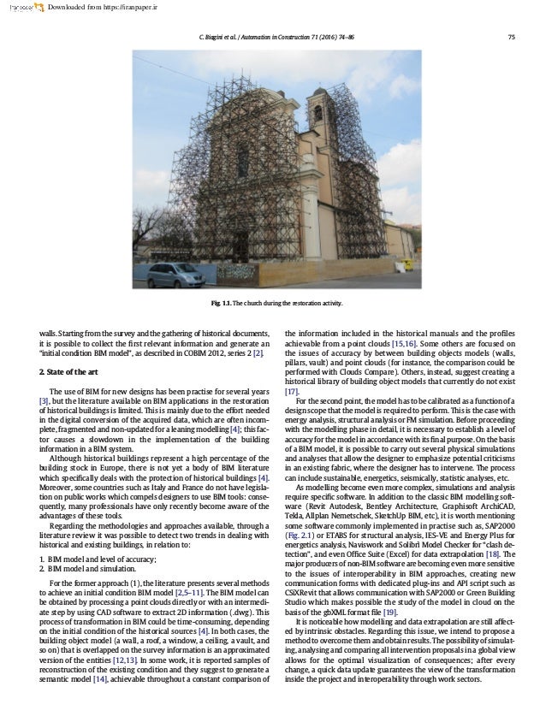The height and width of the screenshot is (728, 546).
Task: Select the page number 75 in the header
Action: pos(511,35)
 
